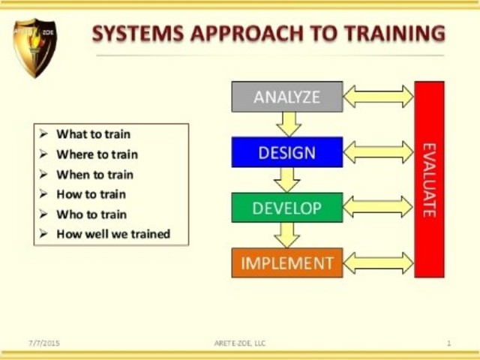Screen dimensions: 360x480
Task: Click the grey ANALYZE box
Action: pos(286,97)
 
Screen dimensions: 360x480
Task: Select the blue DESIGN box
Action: pos(286,152)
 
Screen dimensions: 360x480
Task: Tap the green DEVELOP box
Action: pos(286,208)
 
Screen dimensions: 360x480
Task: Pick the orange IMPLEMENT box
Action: pos(286,263)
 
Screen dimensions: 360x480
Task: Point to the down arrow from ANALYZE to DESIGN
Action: pos(287,124)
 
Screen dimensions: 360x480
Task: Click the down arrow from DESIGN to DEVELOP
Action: pos(287,180)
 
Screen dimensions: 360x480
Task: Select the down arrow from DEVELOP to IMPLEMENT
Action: pos(287,235)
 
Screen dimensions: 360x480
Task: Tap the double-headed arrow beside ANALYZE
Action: pos(378,97)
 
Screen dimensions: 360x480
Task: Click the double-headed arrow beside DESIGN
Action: pos(378,152)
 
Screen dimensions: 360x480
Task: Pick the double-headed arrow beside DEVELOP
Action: pos(378,208)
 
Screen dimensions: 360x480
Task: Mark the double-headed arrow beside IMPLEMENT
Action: pos(378,263)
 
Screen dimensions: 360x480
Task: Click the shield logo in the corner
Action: pos(34,46)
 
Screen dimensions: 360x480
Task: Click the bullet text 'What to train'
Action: pos(93,134)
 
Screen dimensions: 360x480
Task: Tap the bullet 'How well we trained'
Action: pos(113,234)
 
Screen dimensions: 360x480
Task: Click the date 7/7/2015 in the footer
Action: pos(44,343)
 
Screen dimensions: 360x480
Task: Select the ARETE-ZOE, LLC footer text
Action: pos(239,343)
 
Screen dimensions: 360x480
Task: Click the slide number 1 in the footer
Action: pos(448,343)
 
